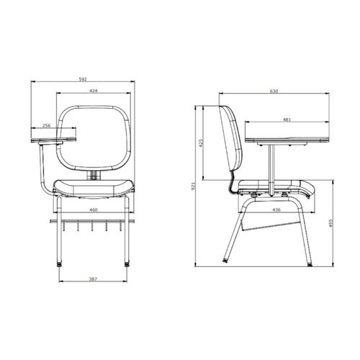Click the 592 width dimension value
tap(83, 79)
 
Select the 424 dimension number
tap(94, 91)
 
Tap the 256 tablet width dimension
tap(46, 125)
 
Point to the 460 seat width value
tap(94, 210)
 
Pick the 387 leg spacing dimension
tap(93, 279)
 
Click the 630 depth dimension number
tap(274, 91)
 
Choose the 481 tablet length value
tap(287, 120)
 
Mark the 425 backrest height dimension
tap(202, 143)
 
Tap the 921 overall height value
tap(194, 186)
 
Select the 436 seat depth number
tap(276, 210)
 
